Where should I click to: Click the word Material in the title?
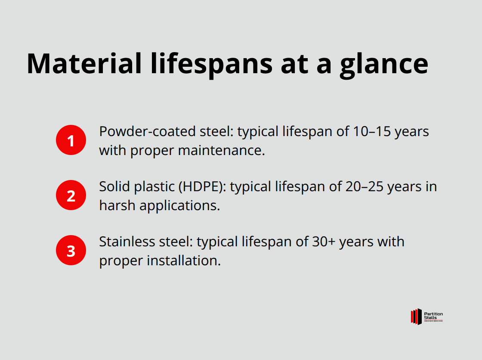click(x=84, y=63)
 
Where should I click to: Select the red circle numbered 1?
click(x=71, y=140)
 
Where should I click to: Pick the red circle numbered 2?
click(x=71, y=195)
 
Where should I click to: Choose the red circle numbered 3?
click(x=71, y=250)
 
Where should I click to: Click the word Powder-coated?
click(x=146, y=131)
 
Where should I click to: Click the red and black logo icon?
click(x=416, y=317)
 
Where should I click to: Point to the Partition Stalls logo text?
click(x=433, y=316)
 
